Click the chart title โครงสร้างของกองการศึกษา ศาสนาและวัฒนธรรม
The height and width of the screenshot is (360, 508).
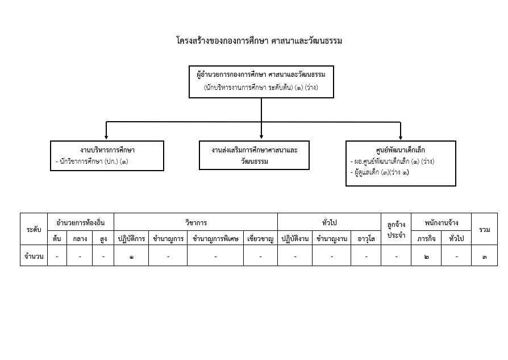pyautogui.click(x=259, y=41)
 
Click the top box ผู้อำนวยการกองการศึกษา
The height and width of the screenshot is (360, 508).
pyautogui.click(x=261, y=81)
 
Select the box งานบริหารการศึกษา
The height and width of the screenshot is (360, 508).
pyautogui.click(x=107, y=155)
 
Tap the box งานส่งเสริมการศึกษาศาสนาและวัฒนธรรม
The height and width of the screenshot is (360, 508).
pyautogui.click(x=255, y=155)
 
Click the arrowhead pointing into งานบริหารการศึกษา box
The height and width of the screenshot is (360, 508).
pyautogui.click(x=107, y=137)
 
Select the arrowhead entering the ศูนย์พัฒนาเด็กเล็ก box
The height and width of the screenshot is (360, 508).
pyautogui.click(x=401, y=137)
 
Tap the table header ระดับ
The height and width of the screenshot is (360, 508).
pyautogui.click(x=34, y=229)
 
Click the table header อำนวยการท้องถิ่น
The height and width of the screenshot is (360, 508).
pyautogui.click(x=81, y=222)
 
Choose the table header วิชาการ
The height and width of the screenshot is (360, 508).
pyautogui.click(x=196, y=222)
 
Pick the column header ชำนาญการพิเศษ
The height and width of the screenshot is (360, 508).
pyautogui.click(x=215, y=239)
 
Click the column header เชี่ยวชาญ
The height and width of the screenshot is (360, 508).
pyautogui.click(x=261, y=239)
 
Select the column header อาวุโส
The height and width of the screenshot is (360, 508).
pyautogui.click(x=367, y=239)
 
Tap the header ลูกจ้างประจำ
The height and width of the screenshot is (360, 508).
pyautogui.click(x=396, y=230)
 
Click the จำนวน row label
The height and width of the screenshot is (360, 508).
pyautogui.click(x=34, y=256)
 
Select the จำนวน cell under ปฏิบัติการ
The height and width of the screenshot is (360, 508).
pyautogui.click(x=131, y=256)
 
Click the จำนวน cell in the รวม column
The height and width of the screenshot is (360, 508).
pyautogui.click(x=485, y=256)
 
